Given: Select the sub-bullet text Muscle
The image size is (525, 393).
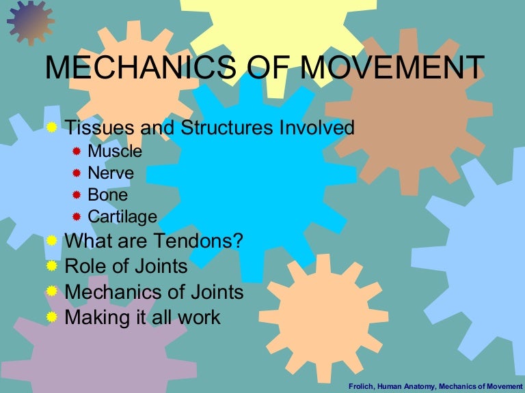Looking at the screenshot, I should pos(115,151).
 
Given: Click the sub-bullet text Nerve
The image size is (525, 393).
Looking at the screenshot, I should pos(111,173).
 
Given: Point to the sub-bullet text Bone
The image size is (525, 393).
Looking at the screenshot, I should pos(109,195).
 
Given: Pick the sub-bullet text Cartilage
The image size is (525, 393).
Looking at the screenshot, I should pos(122,217).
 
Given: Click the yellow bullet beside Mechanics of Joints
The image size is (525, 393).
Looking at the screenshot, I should pos(52,291).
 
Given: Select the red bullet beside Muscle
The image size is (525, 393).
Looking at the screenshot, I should pos(77,151).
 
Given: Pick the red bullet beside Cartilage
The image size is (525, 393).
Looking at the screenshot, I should pos(77,217).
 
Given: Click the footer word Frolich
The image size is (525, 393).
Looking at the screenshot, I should pos(363,385).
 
